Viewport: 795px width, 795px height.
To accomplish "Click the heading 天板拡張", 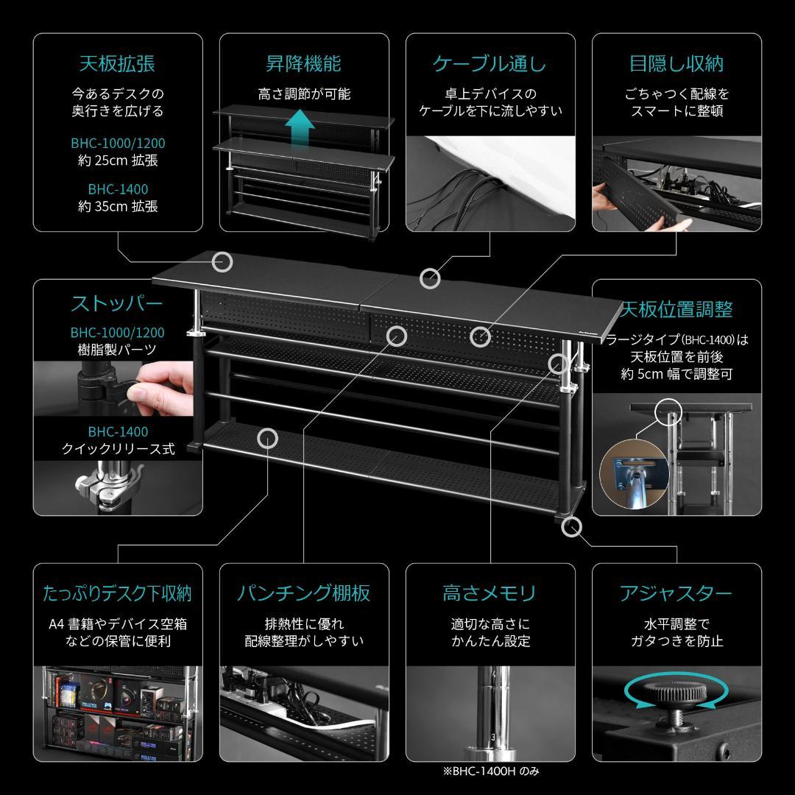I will tap(117, 64).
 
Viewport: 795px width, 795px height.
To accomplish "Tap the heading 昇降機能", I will tap(303, 64).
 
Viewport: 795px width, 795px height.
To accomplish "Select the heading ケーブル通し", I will tap(490, 64).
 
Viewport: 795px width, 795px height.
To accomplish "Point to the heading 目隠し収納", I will tap(676, 64).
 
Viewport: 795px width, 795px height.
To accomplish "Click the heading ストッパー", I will tap(117, 304).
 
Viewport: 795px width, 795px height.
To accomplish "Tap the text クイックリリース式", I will tap(117, 449).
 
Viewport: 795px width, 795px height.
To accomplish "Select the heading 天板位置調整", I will tap(676, 308).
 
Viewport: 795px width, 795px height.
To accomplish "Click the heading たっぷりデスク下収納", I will tap(117, 593).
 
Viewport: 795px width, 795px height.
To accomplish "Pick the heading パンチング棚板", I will tap(303, 593).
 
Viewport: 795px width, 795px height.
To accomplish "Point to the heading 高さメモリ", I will tap(490, 593).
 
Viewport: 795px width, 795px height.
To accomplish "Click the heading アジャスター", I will tap(676, 593).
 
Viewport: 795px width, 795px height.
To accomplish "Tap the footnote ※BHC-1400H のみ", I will tap(490, 771).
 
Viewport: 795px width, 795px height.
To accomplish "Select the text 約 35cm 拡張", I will tap(118, 207).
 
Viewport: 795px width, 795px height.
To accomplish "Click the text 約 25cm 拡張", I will tap(118, 160).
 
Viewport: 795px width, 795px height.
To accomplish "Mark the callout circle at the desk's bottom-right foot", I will tap(571, 526).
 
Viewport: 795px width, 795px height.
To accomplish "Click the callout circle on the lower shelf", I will tap(267, 439).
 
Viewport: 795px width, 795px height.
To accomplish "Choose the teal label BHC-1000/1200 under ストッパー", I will tap(118, 333).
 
